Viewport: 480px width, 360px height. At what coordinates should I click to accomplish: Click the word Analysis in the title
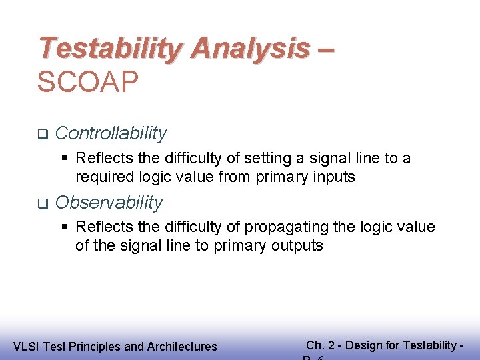[x=250, y=49]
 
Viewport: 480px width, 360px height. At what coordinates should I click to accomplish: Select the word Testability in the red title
[x=111, y=49]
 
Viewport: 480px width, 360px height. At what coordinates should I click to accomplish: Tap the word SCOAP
[x=88, y=83]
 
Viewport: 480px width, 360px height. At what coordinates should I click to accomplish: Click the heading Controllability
[x=111, y=133]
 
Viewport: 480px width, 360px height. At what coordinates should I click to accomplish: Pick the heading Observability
[x=109, y=203]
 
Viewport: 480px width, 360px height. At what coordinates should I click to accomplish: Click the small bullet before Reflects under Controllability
[x=65, y=159]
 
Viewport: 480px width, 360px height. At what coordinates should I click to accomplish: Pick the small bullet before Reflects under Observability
[x=65, y=227]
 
